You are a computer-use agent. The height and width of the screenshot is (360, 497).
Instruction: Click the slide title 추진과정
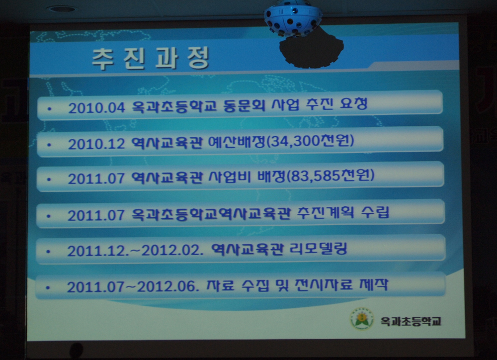(151, 58)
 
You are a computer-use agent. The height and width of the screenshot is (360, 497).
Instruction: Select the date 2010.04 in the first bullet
(97, 108)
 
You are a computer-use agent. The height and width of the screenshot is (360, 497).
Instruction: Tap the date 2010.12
(96, 144)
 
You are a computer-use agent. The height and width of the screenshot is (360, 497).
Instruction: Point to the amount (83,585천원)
(330, 176)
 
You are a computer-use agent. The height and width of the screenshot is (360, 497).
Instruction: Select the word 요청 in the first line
(353, 103)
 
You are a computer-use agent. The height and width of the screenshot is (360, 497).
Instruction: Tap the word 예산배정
(237, 142)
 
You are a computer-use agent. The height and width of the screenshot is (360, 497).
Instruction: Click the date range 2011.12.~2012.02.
(135, 251)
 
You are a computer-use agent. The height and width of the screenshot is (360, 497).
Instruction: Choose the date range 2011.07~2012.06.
(133, 287)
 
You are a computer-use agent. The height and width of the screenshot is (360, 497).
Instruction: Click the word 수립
(375, 212)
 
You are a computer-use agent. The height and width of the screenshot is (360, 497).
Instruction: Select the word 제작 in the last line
(374, 284)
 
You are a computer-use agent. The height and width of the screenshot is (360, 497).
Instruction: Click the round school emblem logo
(362, 319)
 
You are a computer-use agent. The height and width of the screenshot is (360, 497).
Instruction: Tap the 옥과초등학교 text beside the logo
(411, 321)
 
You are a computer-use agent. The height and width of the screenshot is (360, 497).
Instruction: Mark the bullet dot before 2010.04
(49, 109)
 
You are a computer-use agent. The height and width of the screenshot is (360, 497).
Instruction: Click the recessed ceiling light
(61, 9)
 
